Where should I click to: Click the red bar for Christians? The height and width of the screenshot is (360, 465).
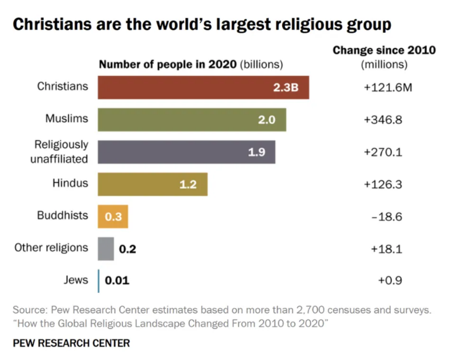(x=203, y=87)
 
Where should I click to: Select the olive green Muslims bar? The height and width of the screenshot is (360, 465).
(x=192, y=119)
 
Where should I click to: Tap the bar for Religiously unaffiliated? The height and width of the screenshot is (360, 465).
(x=186, y=152)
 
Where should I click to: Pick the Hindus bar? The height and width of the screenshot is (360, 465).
(x=152, y=184)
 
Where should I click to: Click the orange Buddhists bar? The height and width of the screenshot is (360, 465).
(x=113, y=216)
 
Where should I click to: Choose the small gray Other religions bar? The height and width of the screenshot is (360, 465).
(x=106, y=248)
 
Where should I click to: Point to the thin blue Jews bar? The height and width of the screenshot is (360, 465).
(x=99, y=281)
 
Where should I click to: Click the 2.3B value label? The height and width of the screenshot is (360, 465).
(x=286, y=88)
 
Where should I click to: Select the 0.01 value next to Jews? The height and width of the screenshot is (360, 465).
(x=117, y=281)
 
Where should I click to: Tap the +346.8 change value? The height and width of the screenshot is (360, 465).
(x=384, y=119)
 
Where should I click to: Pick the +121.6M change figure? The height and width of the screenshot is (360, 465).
(x=387, y=87)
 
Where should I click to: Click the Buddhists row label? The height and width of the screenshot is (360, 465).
(x=63, y=215)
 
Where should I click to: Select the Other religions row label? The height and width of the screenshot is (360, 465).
(x=51, y=248)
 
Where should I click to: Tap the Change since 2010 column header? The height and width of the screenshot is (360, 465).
(x=384, y=51)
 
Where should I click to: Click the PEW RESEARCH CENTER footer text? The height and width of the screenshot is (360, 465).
(x=71, y=343)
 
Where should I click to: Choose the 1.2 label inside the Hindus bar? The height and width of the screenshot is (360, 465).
(x=188, y=185)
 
